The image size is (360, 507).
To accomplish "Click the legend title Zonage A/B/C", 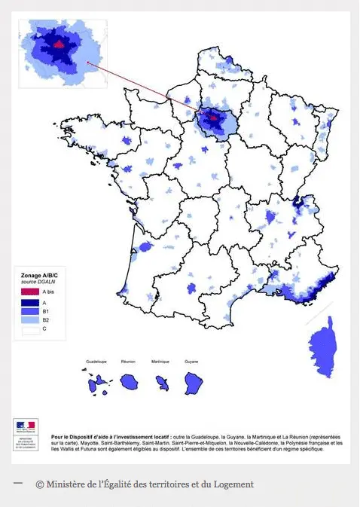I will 38,277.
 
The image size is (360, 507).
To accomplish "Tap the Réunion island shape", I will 130,380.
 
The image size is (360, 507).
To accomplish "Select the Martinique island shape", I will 162,382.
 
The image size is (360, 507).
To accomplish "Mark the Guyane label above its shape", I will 194,362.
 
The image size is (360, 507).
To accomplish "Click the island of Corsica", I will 323,347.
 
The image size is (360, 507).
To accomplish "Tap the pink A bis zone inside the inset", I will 59,43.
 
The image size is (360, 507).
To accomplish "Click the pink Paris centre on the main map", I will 213,117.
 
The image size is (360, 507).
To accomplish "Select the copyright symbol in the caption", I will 39,484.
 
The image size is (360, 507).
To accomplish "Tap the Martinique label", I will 161,362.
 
